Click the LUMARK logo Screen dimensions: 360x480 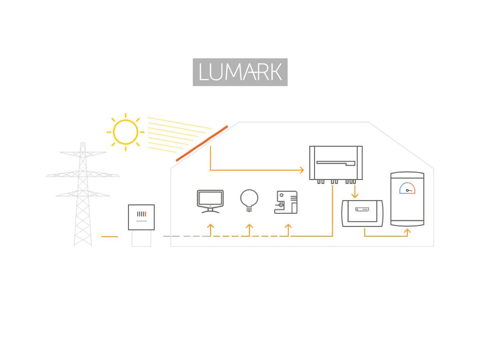tap(240, 72)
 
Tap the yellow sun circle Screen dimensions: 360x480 tap(125, 132)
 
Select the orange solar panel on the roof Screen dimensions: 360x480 tap(202, 143)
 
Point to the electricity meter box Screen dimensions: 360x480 tap(141, 217)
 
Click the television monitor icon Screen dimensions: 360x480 tap(210, 201)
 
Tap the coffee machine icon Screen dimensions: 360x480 tap(286, 202)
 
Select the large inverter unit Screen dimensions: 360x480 tap(336, 163)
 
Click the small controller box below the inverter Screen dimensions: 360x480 tap(362, 213)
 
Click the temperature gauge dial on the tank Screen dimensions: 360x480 tap(407, 188)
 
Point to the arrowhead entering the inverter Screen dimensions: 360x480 tap(301, 170)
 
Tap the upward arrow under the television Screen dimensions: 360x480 tap(210, 228)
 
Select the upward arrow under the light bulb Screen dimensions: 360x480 tap(249, 228)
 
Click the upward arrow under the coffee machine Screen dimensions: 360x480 tap(288, 228)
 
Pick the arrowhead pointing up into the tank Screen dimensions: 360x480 tap(407, 231)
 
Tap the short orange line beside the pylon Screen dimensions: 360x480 tap(110, 237)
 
